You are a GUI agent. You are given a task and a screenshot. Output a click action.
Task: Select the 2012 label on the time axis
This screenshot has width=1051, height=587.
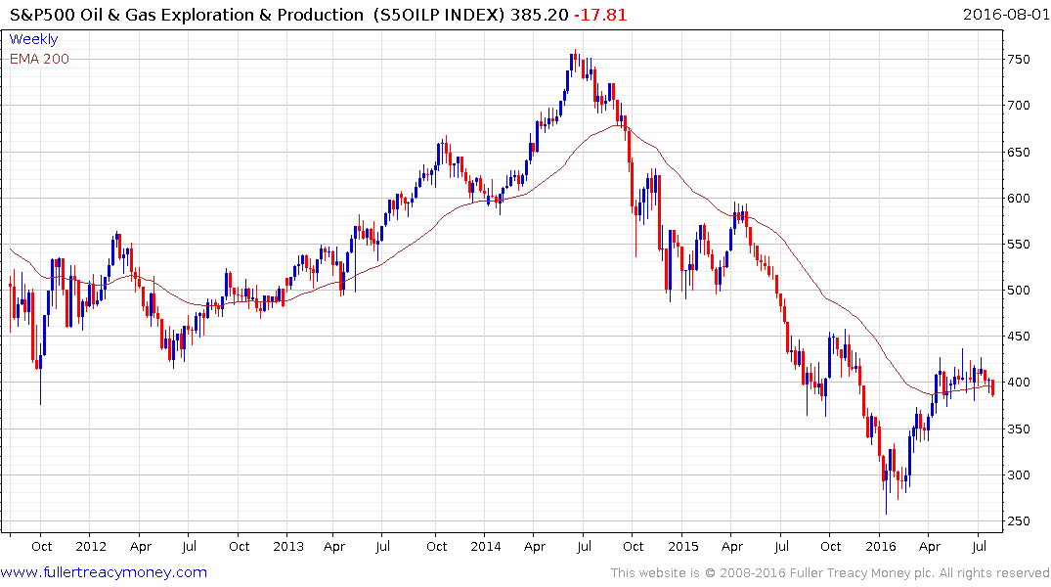[90, 546]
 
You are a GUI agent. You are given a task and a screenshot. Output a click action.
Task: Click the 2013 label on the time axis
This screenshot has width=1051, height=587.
[289, 546]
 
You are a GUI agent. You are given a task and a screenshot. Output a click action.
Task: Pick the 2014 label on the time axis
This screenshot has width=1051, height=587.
[486, 546]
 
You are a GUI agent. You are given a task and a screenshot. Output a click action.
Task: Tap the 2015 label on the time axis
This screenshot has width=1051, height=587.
[683, 546]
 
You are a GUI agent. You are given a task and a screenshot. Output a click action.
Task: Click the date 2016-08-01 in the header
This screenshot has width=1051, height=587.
[1004, 15]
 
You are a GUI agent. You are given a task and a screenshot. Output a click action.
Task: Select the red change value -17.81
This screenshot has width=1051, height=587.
[602, 15]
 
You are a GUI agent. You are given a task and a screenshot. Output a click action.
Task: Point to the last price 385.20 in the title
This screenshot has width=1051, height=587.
[544, 15]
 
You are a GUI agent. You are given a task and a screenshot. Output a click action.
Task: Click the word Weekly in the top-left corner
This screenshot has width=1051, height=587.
[33, 39]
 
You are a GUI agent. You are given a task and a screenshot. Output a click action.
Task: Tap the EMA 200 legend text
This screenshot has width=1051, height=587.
[39, 59]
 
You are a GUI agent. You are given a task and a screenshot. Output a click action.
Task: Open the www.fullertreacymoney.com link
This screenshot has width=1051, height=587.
[104, 572]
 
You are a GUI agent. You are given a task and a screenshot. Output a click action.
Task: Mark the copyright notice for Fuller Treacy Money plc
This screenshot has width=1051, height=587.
[830, 572]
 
